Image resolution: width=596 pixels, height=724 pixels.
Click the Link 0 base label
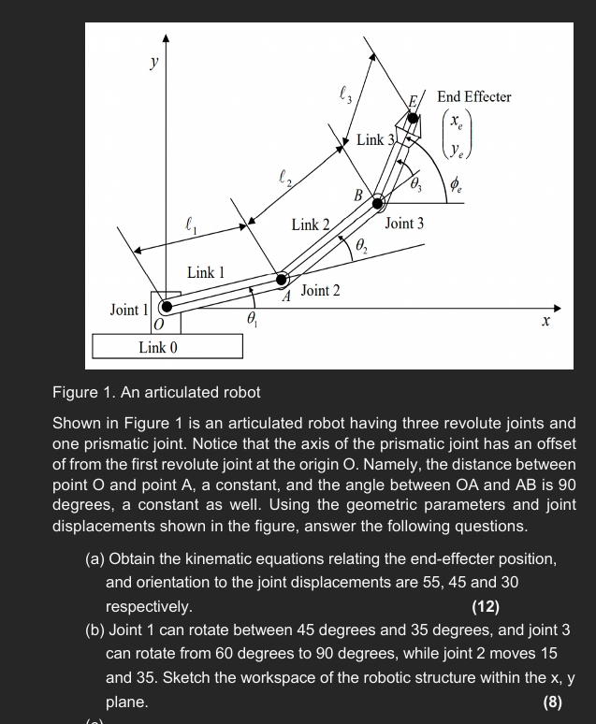point(157,347)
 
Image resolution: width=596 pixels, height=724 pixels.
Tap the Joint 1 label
point(127,309)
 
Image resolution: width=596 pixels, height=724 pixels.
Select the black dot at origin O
point(167,306)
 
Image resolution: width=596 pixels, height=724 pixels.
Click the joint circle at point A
point(282,279)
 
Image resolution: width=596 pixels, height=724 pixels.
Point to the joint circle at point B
point(378,202)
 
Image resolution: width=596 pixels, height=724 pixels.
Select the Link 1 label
point(205,272)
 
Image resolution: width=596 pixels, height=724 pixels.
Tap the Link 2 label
point(311,224)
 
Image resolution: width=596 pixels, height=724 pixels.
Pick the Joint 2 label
point(321,291)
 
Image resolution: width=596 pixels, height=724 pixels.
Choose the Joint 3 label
point(404,224)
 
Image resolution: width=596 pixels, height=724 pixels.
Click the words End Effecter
point(474,97)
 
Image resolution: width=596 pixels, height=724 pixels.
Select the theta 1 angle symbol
point(251,319)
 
